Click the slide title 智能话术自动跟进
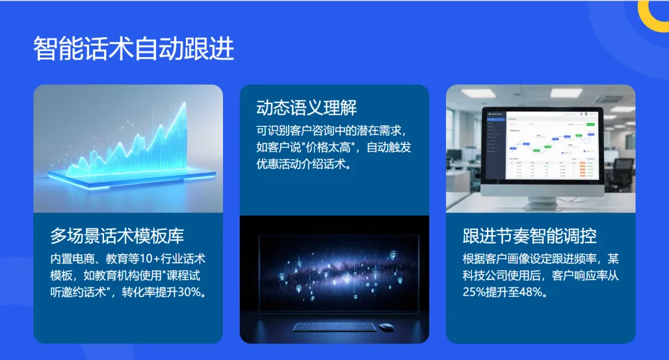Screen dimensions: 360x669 pos(134,49)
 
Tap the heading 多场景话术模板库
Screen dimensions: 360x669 pos(117,236)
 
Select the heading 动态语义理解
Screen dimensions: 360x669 pos(307,108)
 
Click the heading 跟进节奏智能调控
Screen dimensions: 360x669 pos(530,236)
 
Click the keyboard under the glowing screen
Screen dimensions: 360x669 pos(333,327)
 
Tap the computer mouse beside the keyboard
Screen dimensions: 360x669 pos(386,327)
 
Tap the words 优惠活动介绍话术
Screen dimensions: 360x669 pos(303,165)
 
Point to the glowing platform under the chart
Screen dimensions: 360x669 pos(127,180)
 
